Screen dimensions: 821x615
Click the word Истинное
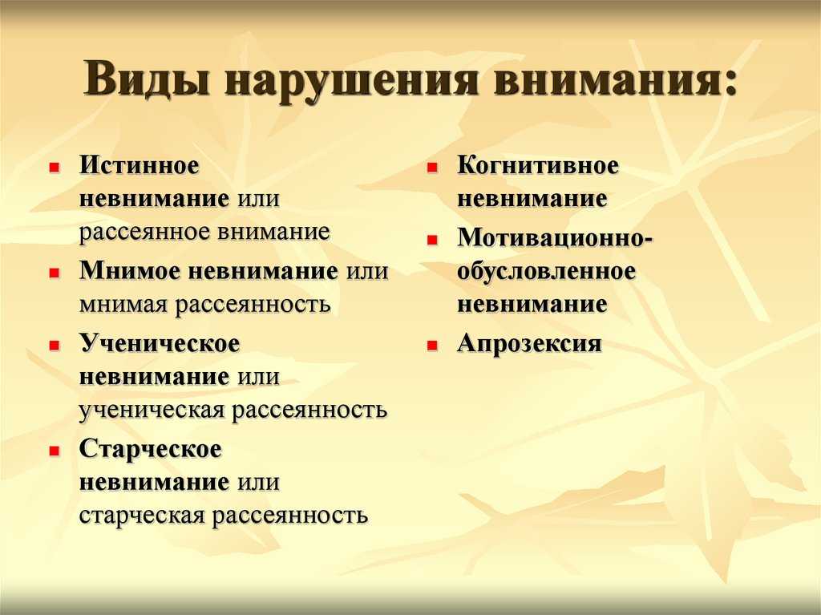(x=140, y=165)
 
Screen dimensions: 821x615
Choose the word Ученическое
(x=160, y=345)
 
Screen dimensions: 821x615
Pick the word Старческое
(x=150, y=450)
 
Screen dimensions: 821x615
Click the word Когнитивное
(x=538, y=165)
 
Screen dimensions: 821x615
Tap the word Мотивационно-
(x=555, y=238)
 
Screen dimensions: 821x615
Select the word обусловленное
(x=546, y=271)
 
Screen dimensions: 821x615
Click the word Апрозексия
(x=529, y=345)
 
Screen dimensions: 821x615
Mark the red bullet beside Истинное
(x=54, y=168)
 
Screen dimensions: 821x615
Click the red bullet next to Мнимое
(x=54, y=273)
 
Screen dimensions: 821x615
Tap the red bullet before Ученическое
(x=54, y=346)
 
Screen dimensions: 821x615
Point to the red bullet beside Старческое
(x=54, y=451)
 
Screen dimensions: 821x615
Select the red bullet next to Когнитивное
(x=432, y=168)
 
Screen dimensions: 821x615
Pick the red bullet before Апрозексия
(x=432, y=346)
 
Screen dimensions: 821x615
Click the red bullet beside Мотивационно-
(x=432, y=241)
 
